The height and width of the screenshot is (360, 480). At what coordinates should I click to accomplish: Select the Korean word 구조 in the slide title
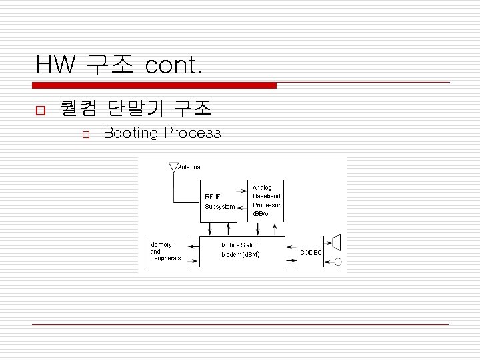pyautogui.click(x=109, y=65)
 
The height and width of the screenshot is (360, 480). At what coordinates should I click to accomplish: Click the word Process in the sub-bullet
pyautogui.click(x=193, y=133)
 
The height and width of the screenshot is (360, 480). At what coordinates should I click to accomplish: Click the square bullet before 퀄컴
pyautogui.click(x=39, y=109)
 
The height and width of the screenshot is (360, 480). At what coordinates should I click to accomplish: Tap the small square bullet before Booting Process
pyautogui.click(x=85, y=135)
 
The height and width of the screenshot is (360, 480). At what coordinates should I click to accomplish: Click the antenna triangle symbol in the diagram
pyautogui.click(x=173, y=166)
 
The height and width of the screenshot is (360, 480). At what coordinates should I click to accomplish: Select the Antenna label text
pyautogui.click(x=189, y=167)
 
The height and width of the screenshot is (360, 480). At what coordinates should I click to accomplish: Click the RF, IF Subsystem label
pyautogui.click(x=219, y=201)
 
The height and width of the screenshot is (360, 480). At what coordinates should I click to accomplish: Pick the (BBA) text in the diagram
pyautogui.click(x=261, y=215)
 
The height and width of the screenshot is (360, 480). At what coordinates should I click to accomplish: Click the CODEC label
pyautogui.click(x=311, y=252)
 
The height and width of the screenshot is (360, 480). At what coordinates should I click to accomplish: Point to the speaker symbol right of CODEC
pyautogui.click(x=336, y=243)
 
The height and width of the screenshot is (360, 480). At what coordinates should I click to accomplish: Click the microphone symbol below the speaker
pyautogui.click(x=337, y=262)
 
